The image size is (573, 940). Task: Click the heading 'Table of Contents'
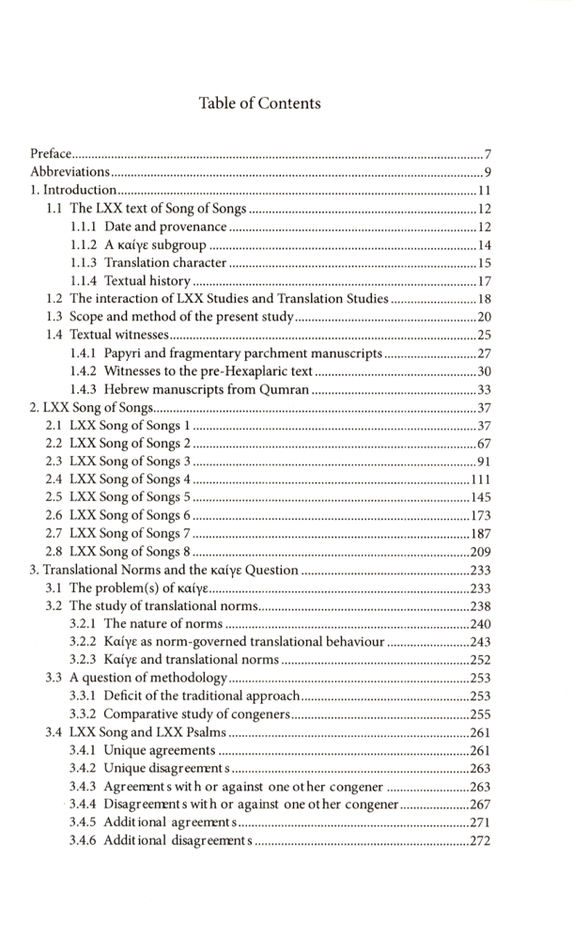[x=260, y=103]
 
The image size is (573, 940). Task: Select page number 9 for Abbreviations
[x=488, y=173]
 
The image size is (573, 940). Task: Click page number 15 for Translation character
[x=485, y=263]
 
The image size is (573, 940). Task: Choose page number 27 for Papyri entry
[x=485, y=353]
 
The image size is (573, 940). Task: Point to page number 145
[x=481, y=497]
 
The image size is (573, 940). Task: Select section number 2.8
[x=55, y=551]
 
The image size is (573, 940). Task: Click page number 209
[x=481, y=552]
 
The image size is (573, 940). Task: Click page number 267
[x=481, y=804]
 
